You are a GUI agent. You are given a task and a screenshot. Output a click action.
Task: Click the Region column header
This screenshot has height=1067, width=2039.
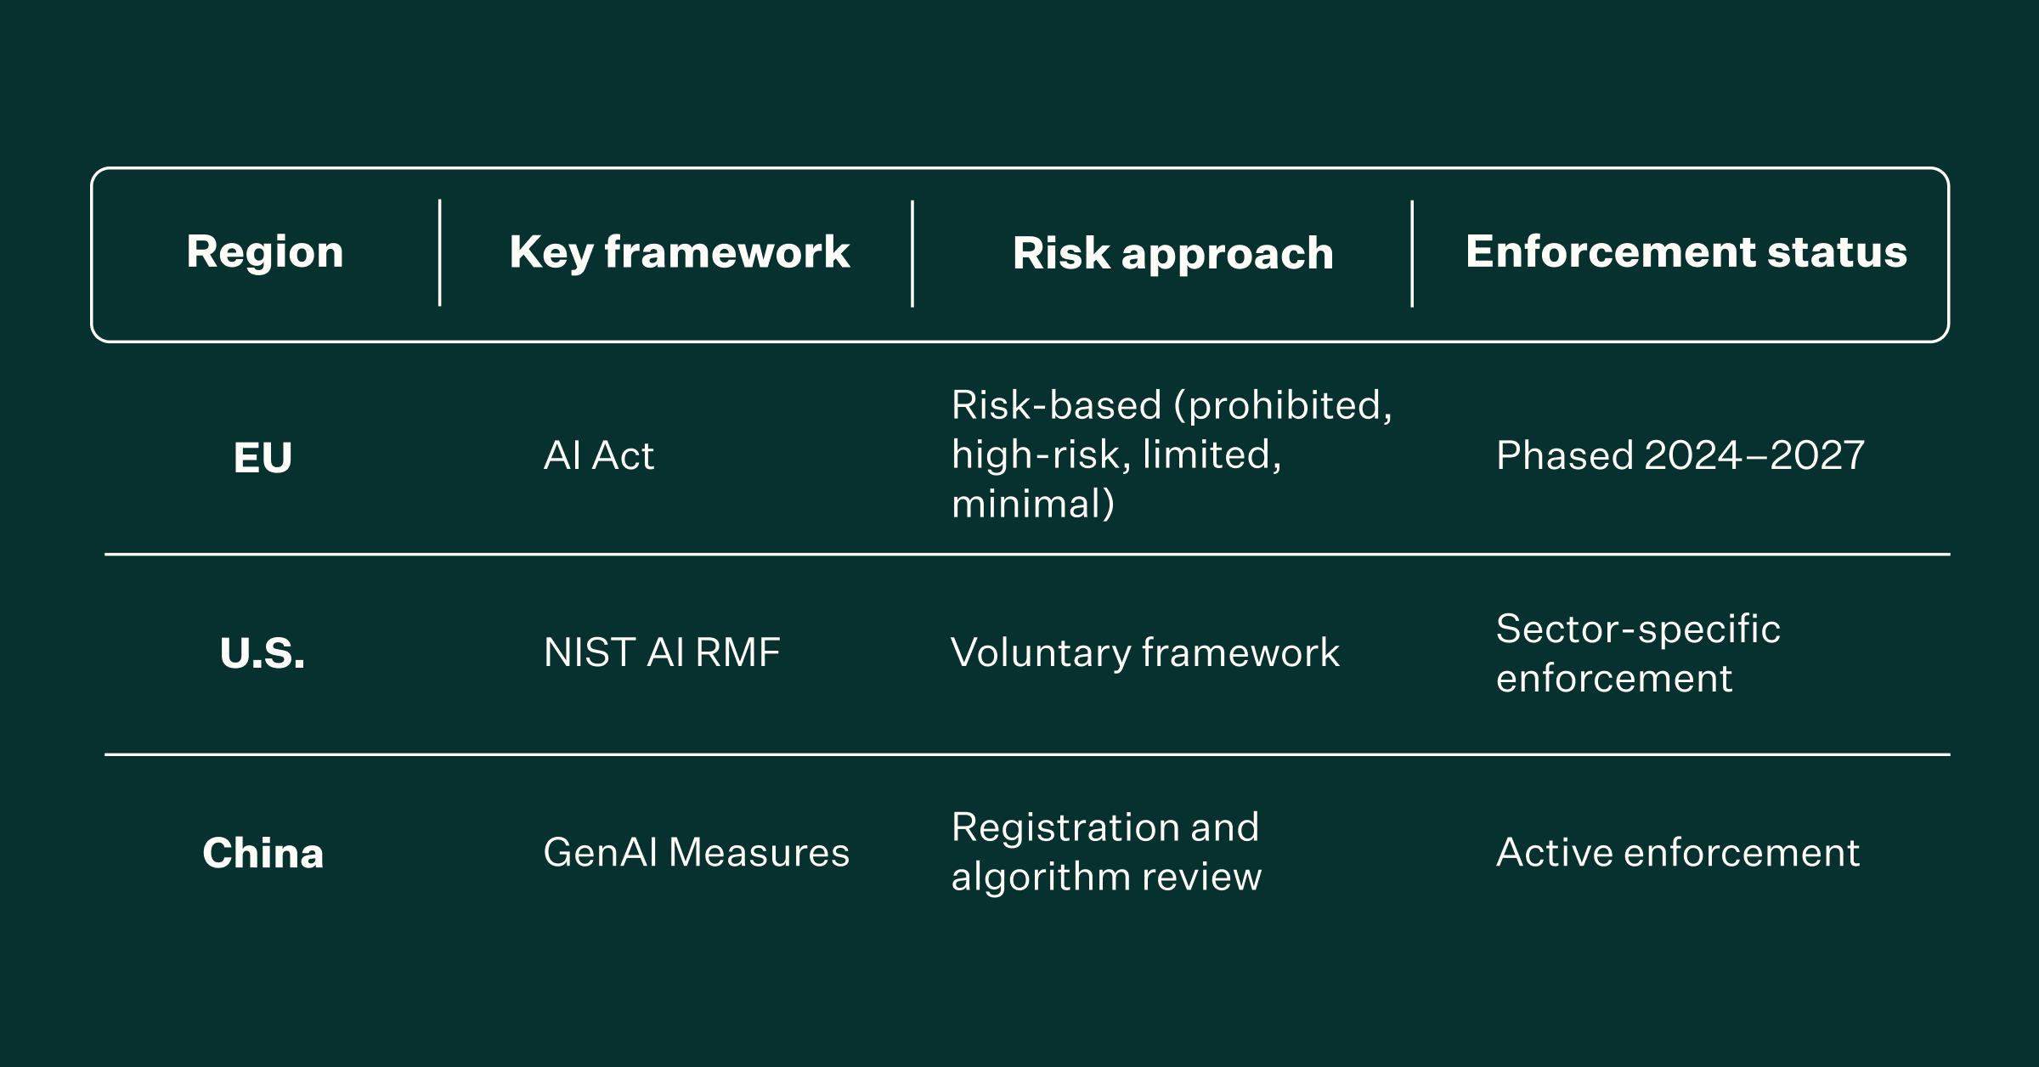click(x=265, y=252)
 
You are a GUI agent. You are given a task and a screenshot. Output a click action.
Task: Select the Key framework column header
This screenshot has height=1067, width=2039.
click(x=679, y=252)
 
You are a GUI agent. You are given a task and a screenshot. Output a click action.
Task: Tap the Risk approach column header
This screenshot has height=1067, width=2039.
click(x=1172, y=254)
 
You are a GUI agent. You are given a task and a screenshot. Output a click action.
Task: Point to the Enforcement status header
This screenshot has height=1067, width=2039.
click(x=1686, y=252)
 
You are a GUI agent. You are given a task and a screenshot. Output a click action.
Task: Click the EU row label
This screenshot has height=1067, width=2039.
click(x=263, y=458)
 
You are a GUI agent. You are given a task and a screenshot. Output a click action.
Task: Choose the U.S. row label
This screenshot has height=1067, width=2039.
click(x=263, y=653)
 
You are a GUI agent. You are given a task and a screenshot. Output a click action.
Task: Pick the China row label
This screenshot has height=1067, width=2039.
click(x=263, y=853)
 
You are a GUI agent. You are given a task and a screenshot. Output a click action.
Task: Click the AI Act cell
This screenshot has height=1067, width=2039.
click(x=599, y=456)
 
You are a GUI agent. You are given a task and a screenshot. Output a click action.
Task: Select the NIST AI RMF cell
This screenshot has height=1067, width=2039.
click(x=661, y=652)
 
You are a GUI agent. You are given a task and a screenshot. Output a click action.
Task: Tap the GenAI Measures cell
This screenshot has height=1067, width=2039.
click(x=696, y=852)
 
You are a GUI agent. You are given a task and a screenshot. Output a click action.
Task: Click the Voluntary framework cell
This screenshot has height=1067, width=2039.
click(x=1144, y=652)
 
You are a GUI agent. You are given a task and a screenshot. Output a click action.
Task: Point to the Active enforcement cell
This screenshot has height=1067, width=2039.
click(x=1677, y=852)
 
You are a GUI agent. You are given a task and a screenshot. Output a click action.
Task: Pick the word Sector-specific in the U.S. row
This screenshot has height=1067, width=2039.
click(x=1637, y=629)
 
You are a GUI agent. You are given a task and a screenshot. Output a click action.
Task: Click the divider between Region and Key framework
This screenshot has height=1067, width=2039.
click(x=439, y=252)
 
